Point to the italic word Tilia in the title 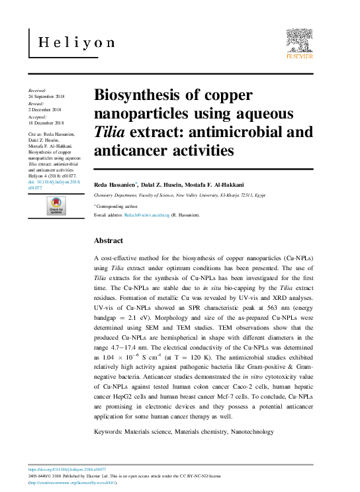pyautogui.click(x=110, y=132)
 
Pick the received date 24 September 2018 pyautogui.click(x=47, y=95)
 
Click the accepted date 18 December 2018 pyautogui.click(x=46, y=123)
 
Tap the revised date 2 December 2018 pyautogui.click(x=44, y=109)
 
